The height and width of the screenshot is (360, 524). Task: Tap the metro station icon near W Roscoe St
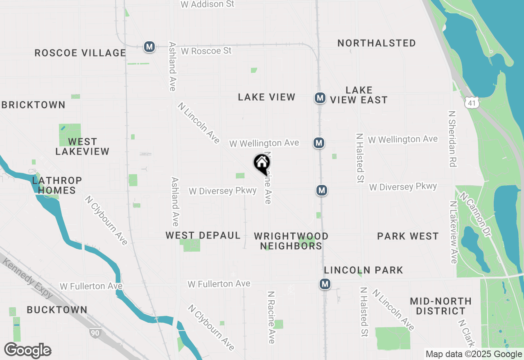point(149,47)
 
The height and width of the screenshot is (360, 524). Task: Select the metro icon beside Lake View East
point(320,98)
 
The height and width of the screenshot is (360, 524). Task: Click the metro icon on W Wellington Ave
point(319,143)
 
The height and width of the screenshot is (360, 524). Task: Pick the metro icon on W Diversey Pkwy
point(322,190)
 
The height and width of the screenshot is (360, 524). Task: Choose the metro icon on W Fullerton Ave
point(325,284)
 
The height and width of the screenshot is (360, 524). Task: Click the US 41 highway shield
point(472,103)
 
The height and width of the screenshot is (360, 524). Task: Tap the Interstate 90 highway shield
point(95,332)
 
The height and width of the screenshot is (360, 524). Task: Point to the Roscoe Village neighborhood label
point(80,53)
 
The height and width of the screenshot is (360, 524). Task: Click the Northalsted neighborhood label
point(377,43)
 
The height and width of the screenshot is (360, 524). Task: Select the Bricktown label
point(34,105)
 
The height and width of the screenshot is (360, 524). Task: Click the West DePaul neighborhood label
point(203,235)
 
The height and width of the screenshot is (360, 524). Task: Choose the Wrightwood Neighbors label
point(291,241)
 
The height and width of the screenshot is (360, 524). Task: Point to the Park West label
point(408,236)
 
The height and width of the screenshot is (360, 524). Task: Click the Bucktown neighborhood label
point(57,310)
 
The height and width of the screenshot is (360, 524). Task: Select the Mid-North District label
point(440,306)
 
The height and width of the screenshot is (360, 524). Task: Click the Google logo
point(28,351)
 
